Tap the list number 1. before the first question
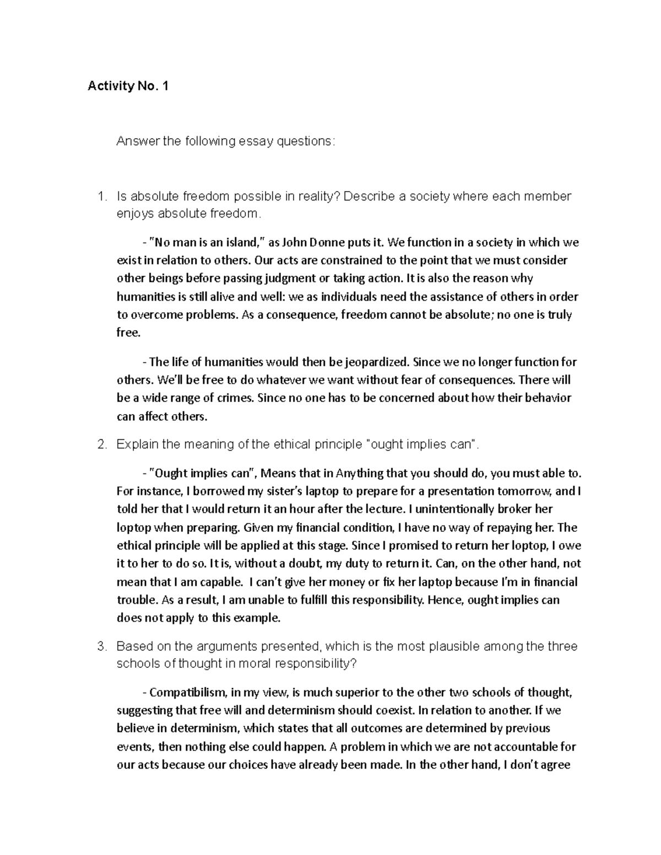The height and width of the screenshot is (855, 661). coord(101,197)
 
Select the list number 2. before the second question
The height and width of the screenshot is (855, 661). coord(101,445)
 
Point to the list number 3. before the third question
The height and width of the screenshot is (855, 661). coord(101,646)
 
